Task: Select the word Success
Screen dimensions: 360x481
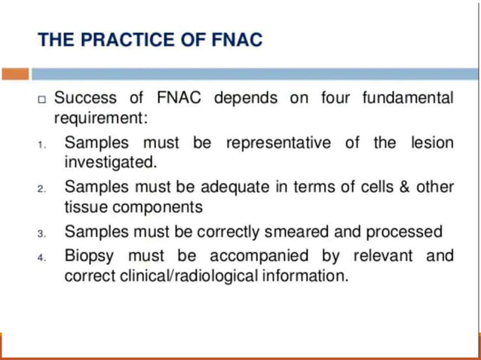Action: click(84, 99)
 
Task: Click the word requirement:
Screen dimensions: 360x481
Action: click(101, 118)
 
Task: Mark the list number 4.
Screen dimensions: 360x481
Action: click(43, 257)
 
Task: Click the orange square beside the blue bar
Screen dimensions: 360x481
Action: click(15, 74)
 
